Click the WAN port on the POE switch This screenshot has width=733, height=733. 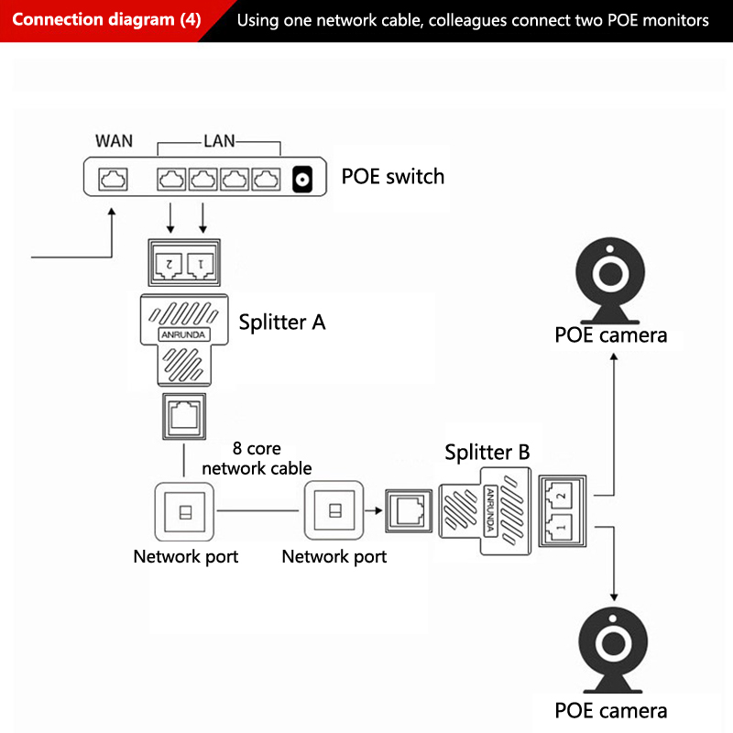113,179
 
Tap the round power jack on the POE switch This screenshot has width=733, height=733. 301,180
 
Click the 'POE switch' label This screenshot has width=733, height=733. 392,176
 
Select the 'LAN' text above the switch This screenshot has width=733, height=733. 219,140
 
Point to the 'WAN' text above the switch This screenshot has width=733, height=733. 114,140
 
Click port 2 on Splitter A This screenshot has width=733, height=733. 169,264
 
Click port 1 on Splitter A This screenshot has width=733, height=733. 202,264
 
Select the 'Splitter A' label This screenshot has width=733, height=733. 281,323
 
